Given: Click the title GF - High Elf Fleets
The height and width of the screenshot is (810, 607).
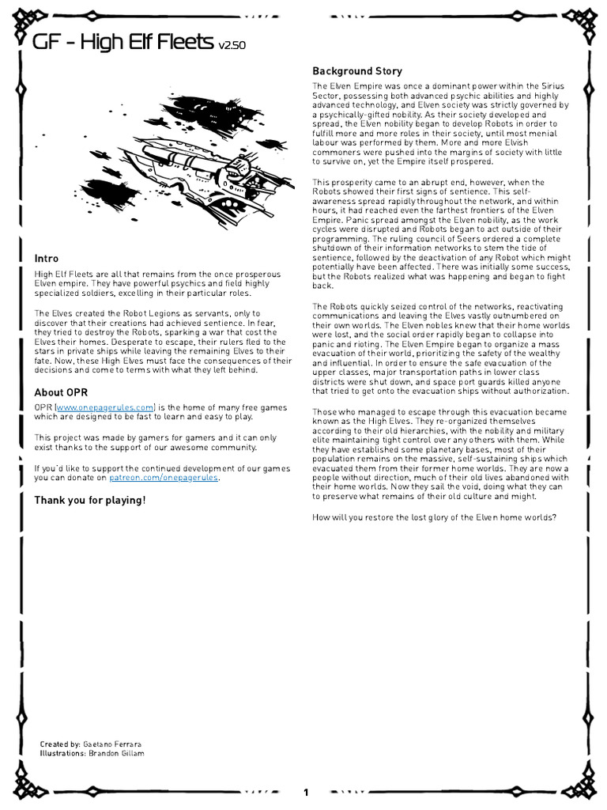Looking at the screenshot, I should pyautogui.click(x=123, y=43).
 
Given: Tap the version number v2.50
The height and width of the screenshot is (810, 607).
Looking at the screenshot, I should pyautogui.click(x=232, y=46).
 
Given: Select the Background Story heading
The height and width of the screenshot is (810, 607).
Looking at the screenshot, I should pyautogui.click(x=357, y=71).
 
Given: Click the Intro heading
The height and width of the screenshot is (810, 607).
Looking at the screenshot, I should pyautogui.click(x=46, y=259).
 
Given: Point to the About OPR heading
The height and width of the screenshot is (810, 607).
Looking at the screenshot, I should pyautogui.click(x=61, y=392).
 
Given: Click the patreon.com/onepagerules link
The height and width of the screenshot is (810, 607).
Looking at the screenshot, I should pyautogui.click(x=164, y=478).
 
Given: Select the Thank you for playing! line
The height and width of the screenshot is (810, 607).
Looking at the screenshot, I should pyautogui.click(x=89, y=500).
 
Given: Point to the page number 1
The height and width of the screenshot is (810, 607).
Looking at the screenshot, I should pyautogui.click(x=306, y=792).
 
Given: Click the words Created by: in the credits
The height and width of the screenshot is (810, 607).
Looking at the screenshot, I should pyautogui.click(x=60, y=744).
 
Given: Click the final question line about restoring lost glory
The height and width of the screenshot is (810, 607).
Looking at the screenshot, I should pyautogui.click(x=434, y=517).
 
